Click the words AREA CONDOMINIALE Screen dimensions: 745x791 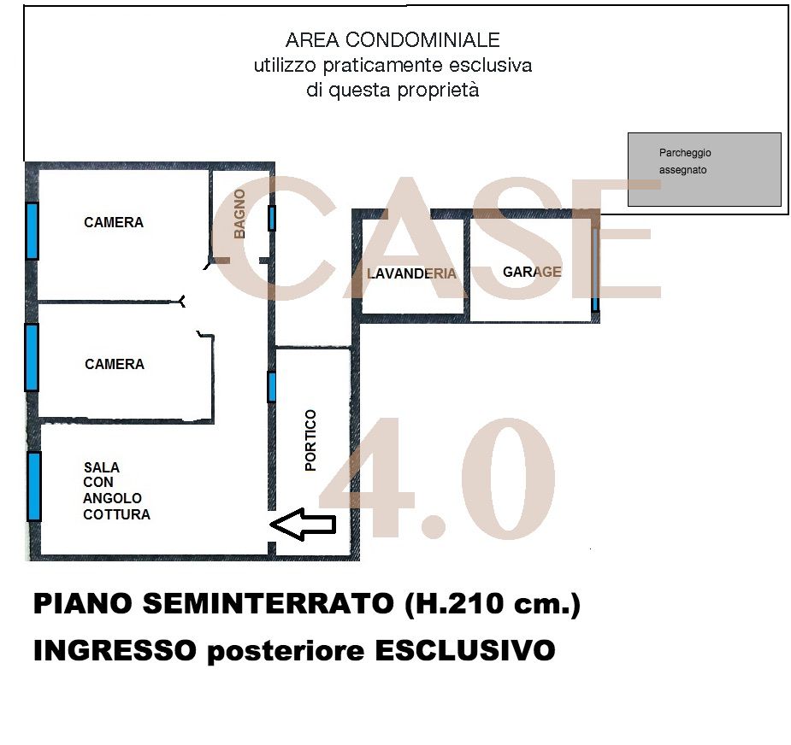[393, 40]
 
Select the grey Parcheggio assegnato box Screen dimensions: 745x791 [704, 169]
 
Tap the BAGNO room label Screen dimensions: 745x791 [239, 213]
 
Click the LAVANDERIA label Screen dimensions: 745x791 [411, 274]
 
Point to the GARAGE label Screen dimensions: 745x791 [532, 272]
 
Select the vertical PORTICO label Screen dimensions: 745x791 [310, 440]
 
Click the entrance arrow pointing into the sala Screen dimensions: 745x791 [303, 524]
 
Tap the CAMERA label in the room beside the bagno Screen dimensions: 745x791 [114, 222]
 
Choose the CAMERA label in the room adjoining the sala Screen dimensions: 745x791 [115, 364]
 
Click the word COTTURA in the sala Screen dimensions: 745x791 [116, 514]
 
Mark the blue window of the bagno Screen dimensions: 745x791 [272, 218]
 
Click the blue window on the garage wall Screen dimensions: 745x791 [594, 268]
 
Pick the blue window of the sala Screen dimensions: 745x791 [34, 485]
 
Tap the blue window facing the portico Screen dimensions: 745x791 [272, 386]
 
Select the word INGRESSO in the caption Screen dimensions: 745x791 [114, 651]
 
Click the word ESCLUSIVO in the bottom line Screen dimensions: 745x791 [464, 651]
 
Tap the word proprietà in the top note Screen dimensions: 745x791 [438, 91]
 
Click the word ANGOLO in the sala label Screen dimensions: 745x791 [112, 498]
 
